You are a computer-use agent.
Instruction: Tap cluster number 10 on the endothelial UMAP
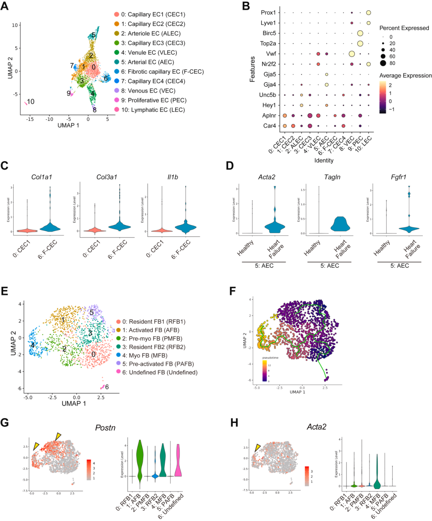pyautogui.click(x=31, y=102)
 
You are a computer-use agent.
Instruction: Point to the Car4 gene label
pyautogui.click(x=269, y=126)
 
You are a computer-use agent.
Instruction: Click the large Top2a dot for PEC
pyautogui.click(x=360, y=43)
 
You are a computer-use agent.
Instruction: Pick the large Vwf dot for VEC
pyautogui.click(x=352, y=54)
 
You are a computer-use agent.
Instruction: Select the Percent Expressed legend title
pyautogui.click(x=404, y=28)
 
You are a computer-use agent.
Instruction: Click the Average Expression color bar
pyautogui.click(x=383, y=98)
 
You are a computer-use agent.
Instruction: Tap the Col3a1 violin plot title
pyautogui.click(x=106, y=177)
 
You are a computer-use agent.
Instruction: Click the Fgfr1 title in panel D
pyautogui.click(x=398, y=177)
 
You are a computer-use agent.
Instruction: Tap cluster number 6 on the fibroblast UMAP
pyautogui.click(x=107, y=387)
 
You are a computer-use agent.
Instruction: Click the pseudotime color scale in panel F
pyautogui.click(x=265, y=371)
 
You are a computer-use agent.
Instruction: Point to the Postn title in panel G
pyautogui.click(x=105, y=428)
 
